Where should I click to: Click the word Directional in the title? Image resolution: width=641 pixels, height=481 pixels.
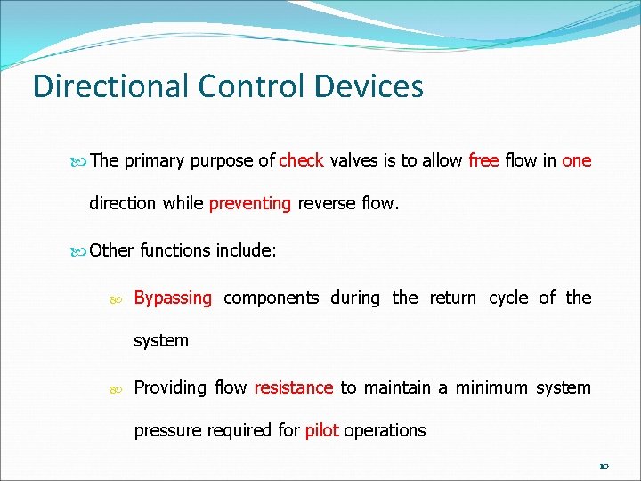click(x=110, y=86)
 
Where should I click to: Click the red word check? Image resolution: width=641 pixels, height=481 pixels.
click(x=301, y=160)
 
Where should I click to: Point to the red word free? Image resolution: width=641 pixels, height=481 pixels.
click(x=483, y=160)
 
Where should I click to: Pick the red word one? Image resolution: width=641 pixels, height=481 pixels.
click(x=577, y=160)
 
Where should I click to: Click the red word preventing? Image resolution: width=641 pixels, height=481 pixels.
click(x=250, y=203)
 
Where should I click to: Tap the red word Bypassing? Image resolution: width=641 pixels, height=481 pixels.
click(x=173, y=298)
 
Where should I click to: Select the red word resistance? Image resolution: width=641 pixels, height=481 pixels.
click(x=294, y=387)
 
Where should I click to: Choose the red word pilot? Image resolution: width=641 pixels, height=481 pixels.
click(x=321, y=430)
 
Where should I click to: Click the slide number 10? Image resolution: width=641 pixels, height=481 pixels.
click(x=603, y=465)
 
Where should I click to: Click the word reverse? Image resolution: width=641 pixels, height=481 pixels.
click(x=325, y=203)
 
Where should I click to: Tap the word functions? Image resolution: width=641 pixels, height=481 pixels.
click(x=175, y=250)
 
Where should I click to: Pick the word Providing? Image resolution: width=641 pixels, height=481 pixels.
click(x=168, y=387)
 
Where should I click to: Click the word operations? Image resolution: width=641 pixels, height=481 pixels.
click(x=385, y=430)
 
